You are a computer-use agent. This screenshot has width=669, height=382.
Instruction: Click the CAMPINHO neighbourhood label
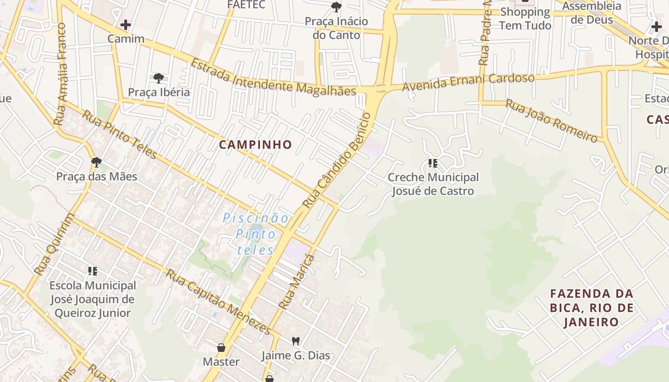point(255,145)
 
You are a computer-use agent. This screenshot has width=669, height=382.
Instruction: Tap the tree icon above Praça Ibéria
point(159,78)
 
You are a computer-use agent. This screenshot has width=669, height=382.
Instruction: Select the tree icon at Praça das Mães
point(97,162)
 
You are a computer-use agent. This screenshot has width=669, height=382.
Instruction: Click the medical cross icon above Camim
point(126,24)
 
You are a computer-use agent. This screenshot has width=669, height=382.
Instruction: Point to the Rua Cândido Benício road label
point(337,160)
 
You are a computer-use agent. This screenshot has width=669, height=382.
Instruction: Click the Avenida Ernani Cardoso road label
point(468,82)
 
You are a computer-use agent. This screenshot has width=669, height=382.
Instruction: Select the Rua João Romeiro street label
point(551,120)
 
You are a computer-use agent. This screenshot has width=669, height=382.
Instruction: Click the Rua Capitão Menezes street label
point(218,302)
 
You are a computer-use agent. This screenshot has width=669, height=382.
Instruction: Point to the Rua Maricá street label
point(297,282)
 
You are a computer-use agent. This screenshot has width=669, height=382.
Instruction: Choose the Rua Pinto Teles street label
point(119,134)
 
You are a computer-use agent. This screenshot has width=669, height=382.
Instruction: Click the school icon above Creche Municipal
point(433,164)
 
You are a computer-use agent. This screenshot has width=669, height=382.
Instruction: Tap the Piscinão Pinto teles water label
point(256,234)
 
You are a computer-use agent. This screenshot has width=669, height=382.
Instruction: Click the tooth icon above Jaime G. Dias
point(296,341)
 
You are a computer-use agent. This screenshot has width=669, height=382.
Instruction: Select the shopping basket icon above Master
point(221,347)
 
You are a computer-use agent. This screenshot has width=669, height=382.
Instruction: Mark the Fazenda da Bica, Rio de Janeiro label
point(592,308)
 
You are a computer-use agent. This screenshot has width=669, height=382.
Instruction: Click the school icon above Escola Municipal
point(93,272)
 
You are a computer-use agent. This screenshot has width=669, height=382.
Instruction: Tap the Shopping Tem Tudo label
point(525,19)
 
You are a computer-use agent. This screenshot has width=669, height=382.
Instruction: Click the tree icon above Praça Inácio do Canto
point(336,7)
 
